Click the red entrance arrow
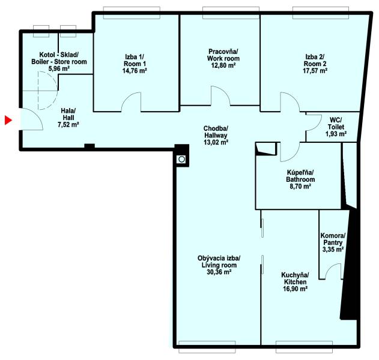coord(8,121)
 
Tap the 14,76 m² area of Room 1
coord(135,70)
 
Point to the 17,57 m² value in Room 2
coord(315,70)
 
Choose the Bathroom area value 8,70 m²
coord(299,187)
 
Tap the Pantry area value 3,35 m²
coord(333,249)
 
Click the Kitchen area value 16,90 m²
coord(295,289)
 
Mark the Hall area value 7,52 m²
coord(68,125)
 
